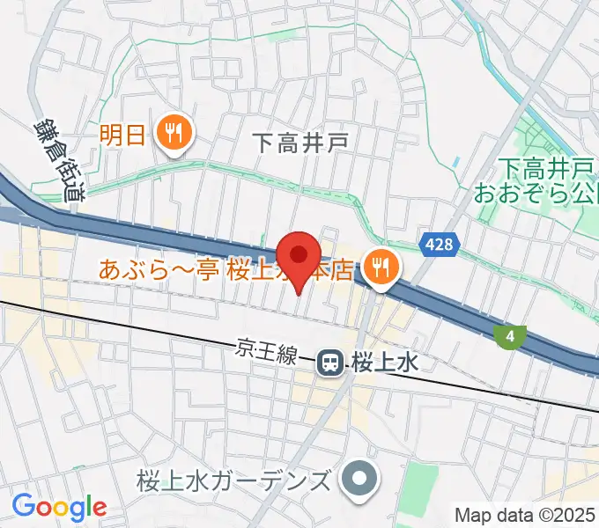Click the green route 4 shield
(508, 335)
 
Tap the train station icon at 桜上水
(331, 361)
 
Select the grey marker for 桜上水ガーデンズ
(359, 480)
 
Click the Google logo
(59, 506)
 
